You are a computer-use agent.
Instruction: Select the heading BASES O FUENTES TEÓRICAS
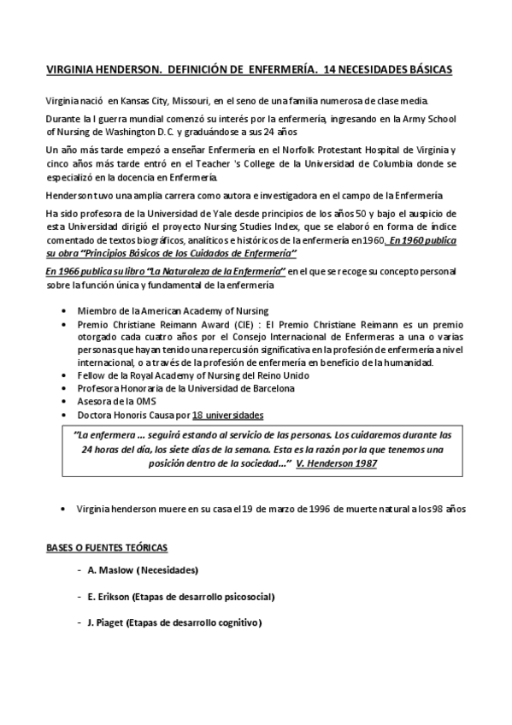click(x=106, y=546)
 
